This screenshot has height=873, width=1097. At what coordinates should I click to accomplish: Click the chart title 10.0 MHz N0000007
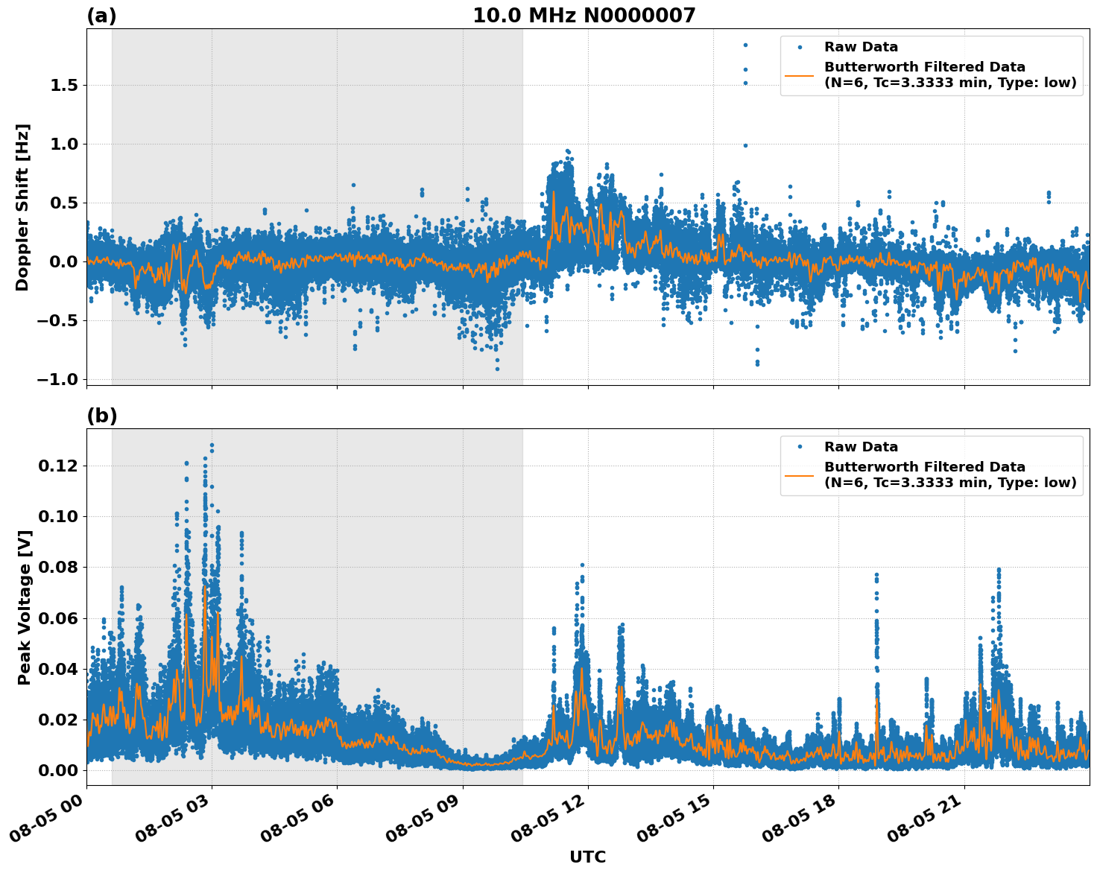(584, 16)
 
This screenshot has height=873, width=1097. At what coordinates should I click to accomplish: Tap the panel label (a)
(101, 16)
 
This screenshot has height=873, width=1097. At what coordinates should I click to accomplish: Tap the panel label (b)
(101, 416)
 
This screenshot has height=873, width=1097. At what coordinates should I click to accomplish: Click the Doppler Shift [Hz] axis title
(22, 207)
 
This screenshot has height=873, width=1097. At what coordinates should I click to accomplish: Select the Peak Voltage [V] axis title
(25, 607)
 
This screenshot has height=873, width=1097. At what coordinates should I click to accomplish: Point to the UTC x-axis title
(587, 857)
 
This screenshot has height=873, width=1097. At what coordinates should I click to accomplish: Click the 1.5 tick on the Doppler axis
(64, 86)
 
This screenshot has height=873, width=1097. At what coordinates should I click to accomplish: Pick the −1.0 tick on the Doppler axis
(59, 380)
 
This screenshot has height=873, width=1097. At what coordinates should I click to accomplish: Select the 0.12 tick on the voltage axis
(59, 466)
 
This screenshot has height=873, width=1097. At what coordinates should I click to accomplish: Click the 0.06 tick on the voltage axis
(59, 618)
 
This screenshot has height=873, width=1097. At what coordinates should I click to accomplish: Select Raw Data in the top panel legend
(861, 48)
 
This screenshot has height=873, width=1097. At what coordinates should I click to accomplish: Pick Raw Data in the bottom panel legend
(861, 448)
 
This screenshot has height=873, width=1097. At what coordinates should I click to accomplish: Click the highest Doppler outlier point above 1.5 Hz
(744, 45)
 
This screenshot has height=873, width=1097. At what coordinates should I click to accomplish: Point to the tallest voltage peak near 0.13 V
(212, 445)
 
